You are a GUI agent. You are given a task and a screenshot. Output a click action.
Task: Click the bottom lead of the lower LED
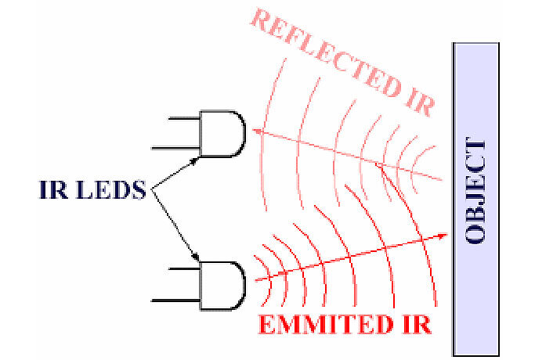(177, 299)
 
